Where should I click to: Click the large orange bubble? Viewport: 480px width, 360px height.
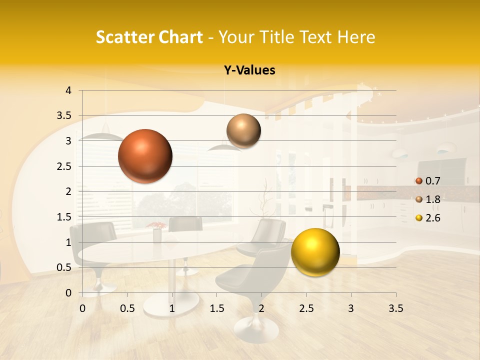(x=145, y=156)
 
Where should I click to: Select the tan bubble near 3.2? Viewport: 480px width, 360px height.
(x=243, y=131)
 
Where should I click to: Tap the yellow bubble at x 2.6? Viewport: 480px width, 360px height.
(x=315, y=252)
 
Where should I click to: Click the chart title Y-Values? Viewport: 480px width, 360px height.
(x=249, y=70)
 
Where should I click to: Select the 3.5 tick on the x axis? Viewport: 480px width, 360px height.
(x=395, y=308)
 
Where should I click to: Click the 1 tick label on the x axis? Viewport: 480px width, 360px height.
(x=172, y=308)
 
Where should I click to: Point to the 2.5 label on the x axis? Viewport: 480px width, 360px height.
(x=306, y=308)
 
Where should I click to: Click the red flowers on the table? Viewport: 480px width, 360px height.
(x=156, y=225)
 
